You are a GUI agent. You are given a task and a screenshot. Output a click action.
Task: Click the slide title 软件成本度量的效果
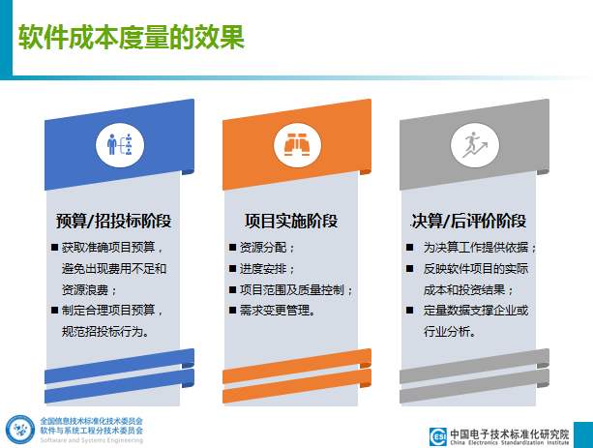coord(132,37)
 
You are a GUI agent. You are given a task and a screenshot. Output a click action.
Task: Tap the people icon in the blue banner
coord(120,145)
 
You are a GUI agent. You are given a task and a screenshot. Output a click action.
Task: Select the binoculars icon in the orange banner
coord(297,145)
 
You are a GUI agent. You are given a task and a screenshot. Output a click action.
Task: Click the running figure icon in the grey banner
coord(475,145)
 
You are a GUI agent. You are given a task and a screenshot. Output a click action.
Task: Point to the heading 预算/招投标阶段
coord(114,221)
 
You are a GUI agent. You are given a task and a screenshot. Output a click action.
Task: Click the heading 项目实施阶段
coord(291,221)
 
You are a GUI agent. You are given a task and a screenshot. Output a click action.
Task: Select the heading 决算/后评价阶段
coord(469,221)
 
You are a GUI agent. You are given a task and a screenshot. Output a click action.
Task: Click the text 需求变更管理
coord(275,311)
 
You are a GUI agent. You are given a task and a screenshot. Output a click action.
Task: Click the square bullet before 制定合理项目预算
coord(54,311)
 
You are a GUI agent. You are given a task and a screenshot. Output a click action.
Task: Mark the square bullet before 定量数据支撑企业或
coord(409,311)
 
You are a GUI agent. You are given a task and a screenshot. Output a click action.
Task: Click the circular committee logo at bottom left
coord(20,430)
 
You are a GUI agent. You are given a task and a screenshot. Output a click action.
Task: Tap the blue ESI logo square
coord(438,436)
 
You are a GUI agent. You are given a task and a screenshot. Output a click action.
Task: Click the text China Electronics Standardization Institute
coord(510,442)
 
